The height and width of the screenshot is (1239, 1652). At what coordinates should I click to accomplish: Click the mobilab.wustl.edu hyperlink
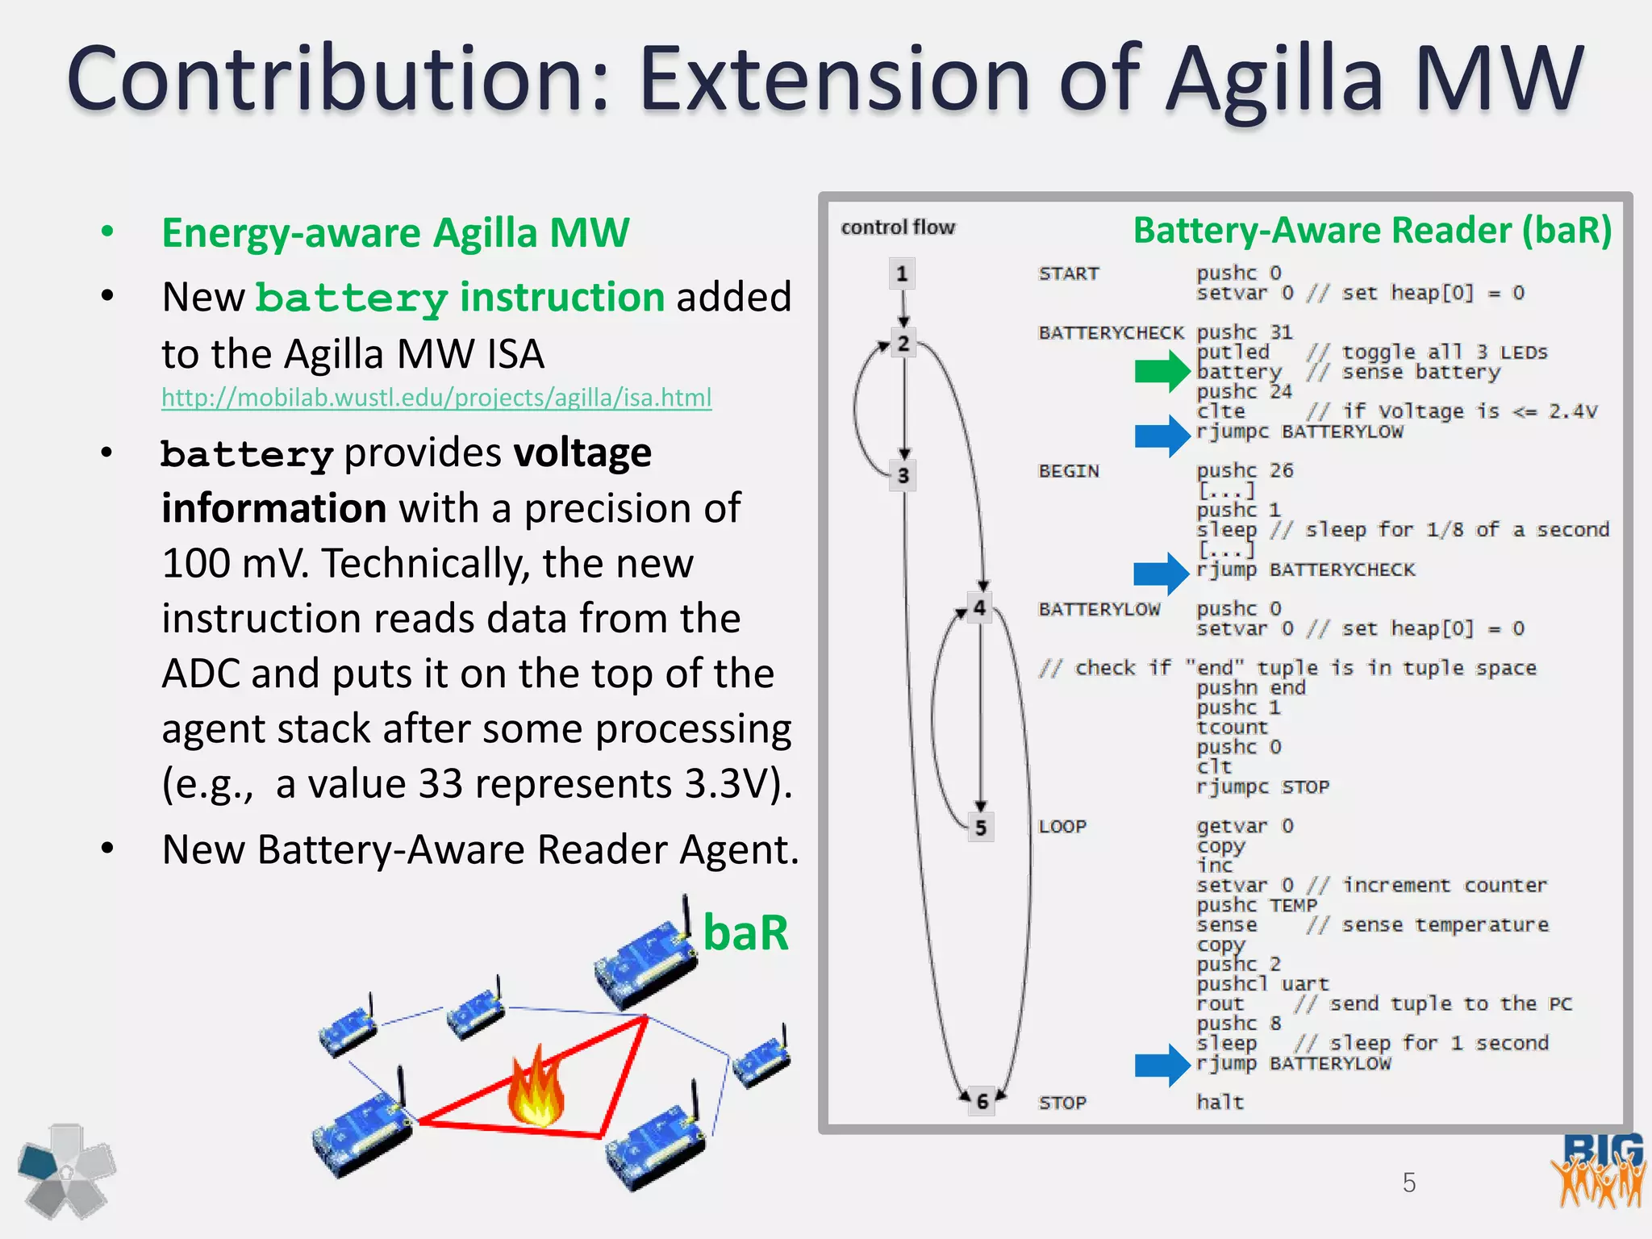click(x=436, y=398)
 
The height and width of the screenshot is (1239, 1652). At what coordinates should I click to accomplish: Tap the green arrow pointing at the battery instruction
click(x=1162, y=372)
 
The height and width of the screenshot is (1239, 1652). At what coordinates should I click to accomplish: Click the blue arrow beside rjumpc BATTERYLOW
click(x=1162, y=436)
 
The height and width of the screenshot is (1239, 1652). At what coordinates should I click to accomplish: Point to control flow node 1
click(x=902, y=274)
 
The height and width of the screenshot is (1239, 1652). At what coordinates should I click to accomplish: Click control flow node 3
click(x=903, y=476)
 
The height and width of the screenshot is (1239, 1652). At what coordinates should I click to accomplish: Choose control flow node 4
click(x=979, y=607)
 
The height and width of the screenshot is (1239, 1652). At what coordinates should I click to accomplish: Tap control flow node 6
click(x=982, y=1101)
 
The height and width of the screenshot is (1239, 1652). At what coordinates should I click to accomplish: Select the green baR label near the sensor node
click(x=745, y=933)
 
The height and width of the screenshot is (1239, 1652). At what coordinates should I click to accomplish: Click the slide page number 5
click(x=1408, y=1183)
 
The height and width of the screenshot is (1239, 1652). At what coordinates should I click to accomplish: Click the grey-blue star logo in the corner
click(x=67, y=1170)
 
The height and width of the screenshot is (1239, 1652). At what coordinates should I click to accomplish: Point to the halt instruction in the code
click(x=1220, y=1102)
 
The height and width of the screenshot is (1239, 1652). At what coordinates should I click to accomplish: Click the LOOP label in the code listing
click(x=1062, y=826)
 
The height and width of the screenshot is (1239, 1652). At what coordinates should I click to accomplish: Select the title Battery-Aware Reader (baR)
click(x=1371, y=231)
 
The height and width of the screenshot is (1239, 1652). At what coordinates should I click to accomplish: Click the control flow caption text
click(x=897, y=227)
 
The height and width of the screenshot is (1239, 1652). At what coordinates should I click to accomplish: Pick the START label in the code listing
click(x=1068, y=273)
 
